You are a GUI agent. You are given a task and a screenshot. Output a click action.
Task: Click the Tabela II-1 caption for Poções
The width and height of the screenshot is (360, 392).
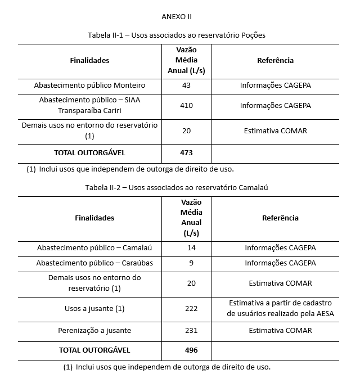point(177,35)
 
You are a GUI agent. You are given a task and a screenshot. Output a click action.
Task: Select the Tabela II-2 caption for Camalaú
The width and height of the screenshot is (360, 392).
point(177,187)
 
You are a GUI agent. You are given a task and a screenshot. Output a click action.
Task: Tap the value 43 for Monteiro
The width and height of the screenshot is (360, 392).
point(187,85)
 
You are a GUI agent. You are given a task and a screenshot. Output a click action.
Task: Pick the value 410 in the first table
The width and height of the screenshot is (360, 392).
point(187,105)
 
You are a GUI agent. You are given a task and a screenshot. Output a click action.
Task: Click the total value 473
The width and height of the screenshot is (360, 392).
point(187,152)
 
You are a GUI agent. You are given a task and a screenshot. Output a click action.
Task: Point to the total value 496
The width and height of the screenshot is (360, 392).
point(192,350)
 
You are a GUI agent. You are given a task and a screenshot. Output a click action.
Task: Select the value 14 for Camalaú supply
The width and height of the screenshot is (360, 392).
point(192,247)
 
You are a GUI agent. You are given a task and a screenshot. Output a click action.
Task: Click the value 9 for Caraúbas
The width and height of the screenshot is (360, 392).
point(192,263)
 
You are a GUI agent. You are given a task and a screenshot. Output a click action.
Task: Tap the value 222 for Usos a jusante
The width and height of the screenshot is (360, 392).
point(192,309)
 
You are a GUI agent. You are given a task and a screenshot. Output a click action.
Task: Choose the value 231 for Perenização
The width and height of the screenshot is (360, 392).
point(192,330)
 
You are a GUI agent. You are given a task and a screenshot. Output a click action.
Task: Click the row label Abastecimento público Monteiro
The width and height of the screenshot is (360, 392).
point(89,85)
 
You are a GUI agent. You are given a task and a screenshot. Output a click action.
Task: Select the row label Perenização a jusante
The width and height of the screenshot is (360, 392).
point(94,330)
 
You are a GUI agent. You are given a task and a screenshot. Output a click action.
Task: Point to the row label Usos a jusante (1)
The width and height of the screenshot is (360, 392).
point(94,309)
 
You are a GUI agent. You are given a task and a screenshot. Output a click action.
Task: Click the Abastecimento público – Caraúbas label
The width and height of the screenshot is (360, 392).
point(94,263)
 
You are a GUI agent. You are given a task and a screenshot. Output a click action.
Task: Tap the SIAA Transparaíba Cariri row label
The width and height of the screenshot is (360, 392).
point(89,105)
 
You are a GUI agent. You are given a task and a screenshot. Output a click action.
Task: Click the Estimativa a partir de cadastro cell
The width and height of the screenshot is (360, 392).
point(280,308)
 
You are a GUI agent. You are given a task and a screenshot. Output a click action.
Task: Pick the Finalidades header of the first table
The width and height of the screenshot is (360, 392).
point(89,60)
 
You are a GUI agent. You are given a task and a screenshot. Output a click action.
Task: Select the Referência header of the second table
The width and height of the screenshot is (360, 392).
point(280,218)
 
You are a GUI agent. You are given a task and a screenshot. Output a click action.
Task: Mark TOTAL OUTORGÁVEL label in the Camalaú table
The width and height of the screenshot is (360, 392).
point(94,350)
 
